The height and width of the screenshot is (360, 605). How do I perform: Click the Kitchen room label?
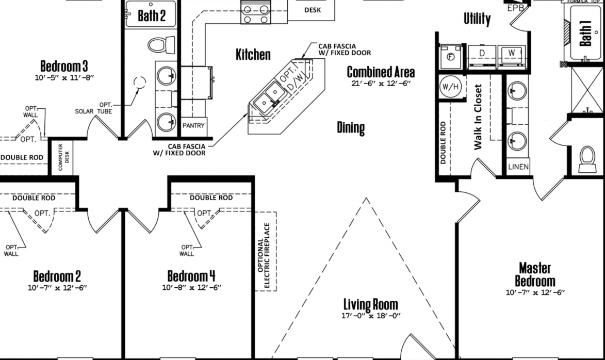[x=253, y=54]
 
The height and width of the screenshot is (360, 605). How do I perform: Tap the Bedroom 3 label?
[x=64, y=66]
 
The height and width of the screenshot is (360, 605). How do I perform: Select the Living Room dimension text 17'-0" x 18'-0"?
[x=371, y=316]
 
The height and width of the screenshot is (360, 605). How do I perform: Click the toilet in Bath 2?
[x=161, y=45]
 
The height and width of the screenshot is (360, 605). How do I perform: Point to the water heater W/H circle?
[x=450, y=87]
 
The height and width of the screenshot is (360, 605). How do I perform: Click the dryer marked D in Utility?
[x=482, y=56]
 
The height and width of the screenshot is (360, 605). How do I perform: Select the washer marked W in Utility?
[x=512, y=56]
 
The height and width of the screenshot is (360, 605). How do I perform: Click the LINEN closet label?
[x=518, y=167]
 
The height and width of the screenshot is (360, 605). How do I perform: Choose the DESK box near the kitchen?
[x=312, y=10]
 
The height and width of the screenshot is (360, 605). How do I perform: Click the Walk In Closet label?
[x=478, y=117]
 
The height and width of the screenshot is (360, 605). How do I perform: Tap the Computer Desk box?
[x=62, y=157]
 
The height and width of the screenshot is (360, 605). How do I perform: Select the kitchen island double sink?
[x=270, y=97]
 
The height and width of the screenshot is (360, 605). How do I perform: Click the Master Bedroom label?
[x=535, y=274]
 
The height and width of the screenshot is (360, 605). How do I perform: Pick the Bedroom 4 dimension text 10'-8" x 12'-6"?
[x=192, y=287]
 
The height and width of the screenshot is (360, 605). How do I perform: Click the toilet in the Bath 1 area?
[x=587, y=158]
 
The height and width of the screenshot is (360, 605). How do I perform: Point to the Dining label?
[x=351, y=128]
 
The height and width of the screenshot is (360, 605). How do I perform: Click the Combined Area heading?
[x=381, y=72]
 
